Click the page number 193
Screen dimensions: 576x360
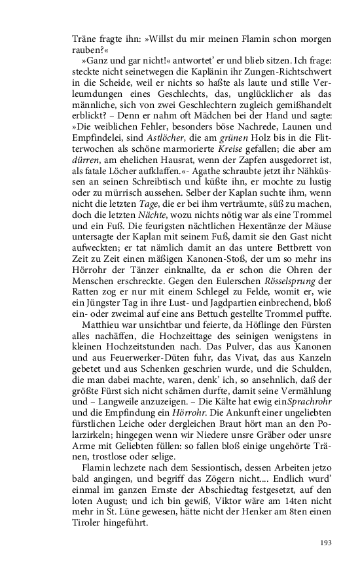coord(327,541)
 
